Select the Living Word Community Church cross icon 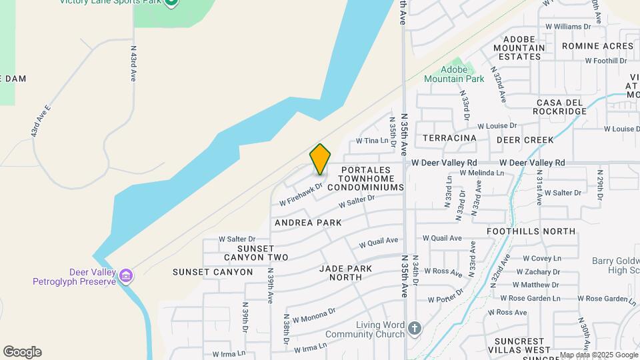click(415, 329)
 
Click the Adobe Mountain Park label click(454, 78)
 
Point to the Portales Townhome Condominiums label click(372, 179)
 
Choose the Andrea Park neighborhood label click(307, 222)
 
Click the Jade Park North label click(355, 273)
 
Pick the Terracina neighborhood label click(450, 138)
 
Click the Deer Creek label click(525, 140)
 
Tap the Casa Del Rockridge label click(561, 107)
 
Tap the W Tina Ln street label click(372, 141)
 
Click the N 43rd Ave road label click(133, 63)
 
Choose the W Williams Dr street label click(563, 27)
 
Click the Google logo click(22, 352)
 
